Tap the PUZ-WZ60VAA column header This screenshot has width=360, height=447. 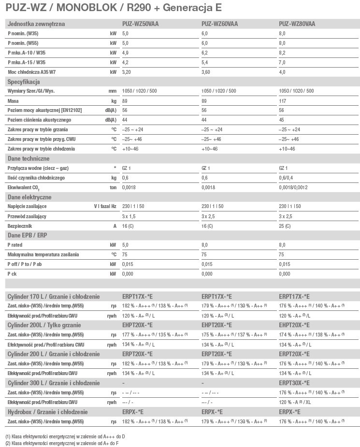219,24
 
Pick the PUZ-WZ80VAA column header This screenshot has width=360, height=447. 297,24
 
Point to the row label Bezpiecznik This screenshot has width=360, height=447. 20,226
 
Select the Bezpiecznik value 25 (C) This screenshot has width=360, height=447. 285,226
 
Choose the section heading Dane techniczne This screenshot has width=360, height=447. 29,159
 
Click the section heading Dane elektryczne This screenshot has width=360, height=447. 29,197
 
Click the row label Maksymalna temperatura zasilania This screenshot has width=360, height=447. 43,254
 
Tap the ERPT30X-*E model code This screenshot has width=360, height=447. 294,383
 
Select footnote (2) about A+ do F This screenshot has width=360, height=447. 62,443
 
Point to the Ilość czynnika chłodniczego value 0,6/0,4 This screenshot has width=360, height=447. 287,178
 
